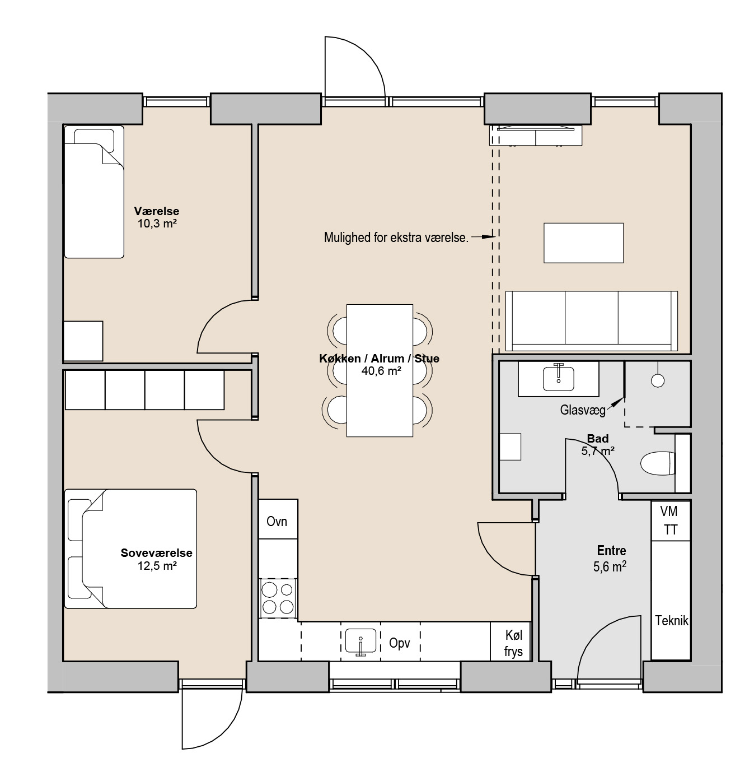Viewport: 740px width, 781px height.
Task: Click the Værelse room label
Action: click(156, 211)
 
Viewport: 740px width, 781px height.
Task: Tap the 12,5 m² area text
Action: click(157, 566)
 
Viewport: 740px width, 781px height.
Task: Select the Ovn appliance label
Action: click(277, 521)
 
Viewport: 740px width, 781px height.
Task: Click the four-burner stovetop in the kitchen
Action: click(278, 598)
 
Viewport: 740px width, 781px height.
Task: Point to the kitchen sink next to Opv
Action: click(360, 641)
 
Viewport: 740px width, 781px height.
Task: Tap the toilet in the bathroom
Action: click(658, 463)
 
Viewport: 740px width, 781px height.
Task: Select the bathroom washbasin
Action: click(559, 378)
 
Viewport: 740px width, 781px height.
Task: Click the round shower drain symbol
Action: click(658, 380)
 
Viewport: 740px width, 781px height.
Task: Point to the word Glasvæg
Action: click(583, 410)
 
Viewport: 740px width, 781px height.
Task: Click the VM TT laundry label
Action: click(669, 520)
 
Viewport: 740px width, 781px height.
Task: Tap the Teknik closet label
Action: click(671, 620)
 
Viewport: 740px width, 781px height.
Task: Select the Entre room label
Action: click(611, 551)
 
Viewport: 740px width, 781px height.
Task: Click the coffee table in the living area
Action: click(583, 243)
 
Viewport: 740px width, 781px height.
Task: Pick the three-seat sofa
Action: click(592, 321)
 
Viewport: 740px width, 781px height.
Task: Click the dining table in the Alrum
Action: click(380, 371)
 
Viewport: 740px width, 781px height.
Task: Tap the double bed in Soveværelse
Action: click(130, 548)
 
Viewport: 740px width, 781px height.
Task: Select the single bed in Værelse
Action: click(94, 192)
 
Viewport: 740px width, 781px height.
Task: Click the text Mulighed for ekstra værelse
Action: click(396, 238)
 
